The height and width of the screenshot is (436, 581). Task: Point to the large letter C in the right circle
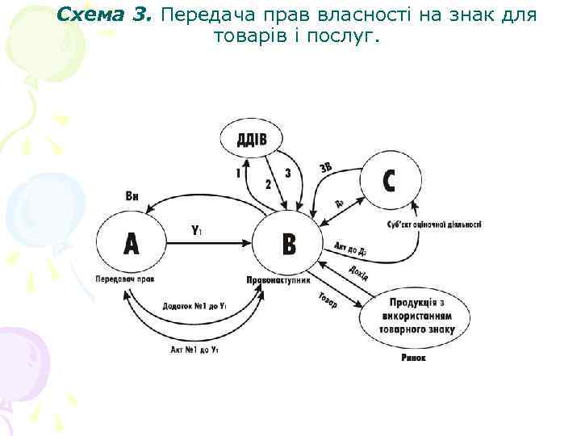click(x=389, y=181)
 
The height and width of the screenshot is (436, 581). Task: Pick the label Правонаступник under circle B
click(x=278, y=279)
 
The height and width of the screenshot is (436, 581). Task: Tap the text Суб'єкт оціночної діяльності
click(x=434, y=224)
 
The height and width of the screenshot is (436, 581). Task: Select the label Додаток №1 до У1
click(x=194, y=307)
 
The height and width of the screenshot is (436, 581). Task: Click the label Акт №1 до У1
click(x=194, y=350)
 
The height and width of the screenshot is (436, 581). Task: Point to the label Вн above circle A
click(x=132, y=196)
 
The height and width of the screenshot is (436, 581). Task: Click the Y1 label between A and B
click(x=196, y=230)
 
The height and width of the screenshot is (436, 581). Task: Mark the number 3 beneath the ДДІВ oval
click(x=288, y=174)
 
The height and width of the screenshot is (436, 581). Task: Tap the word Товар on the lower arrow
click(x=328, y=299)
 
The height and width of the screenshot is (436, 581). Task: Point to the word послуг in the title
click(x=343, y=36)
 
